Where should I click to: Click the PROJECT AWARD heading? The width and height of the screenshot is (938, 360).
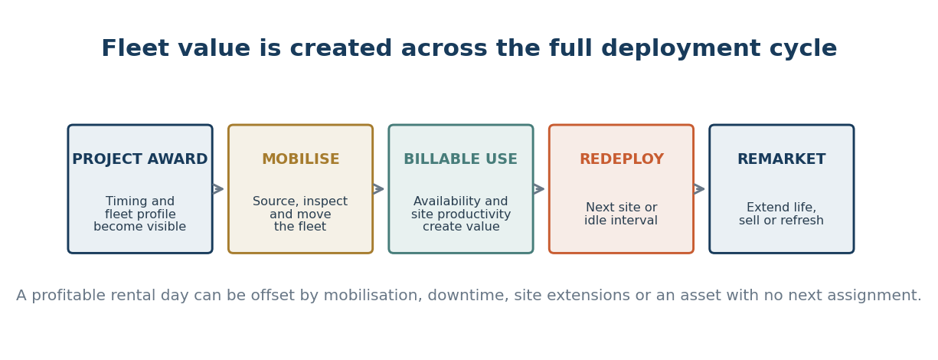pos(140,159)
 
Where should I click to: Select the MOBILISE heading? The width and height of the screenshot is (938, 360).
pos(301,159)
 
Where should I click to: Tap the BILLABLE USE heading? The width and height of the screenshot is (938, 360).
pos(461,159)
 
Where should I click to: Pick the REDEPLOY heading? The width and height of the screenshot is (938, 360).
pos(622,159)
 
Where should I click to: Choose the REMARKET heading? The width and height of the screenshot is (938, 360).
pos(781,159)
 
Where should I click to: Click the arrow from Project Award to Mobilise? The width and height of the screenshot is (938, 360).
pos(218,189)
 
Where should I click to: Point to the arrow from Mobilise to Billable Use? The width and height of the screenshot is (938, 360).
pos(378,189)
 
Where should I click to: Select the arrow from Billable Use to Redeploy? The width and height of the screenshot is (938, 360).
pos(539,189)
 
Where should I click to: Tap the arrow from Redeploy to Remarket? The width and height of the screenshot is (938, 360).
pos(699,189)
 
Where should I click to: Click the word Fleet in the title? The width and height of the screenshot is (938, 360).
pos(136,48)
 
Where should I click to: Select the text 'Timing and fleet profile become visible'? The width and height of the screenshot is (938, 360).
pos(140,214)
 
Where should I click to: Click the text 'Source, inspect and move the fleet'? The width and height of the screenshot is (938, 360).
pos(300,214)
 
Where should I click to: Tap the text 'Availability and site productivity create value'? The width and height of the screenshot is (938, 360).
pos(461,214)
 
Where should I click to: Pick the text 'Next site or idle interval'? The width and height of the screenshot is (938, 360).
pos(621,214)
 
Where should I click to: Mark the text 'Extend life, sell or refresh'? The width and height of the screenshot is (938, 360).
pos(781,214)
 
